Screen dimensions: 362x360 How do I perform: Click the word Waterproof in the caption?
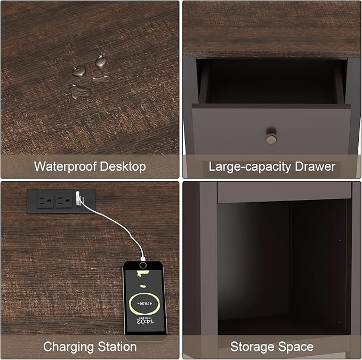coord(65,166)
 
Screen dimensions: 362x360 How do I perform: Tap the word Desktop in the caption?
coord(123,166)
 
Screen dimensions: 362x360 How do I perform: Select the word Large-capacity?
coord(250,167)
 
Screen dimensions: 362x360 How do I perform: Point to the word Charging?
coord(69,347)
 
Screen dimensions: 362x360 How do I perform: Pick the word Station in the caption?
coord(117,347)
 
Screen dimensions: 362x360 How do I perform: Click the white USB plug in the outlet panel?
coord(79,198)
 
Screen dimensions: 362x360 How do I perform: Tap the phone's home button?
coord(143,265)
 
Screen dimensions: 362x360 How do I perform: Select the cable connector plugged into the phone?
coord(143,258)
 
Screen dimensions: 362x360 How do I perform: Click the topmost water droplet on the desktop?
coord(101,61)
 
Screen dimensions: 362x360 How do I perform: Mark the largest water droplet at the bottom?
coord(81,92)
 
